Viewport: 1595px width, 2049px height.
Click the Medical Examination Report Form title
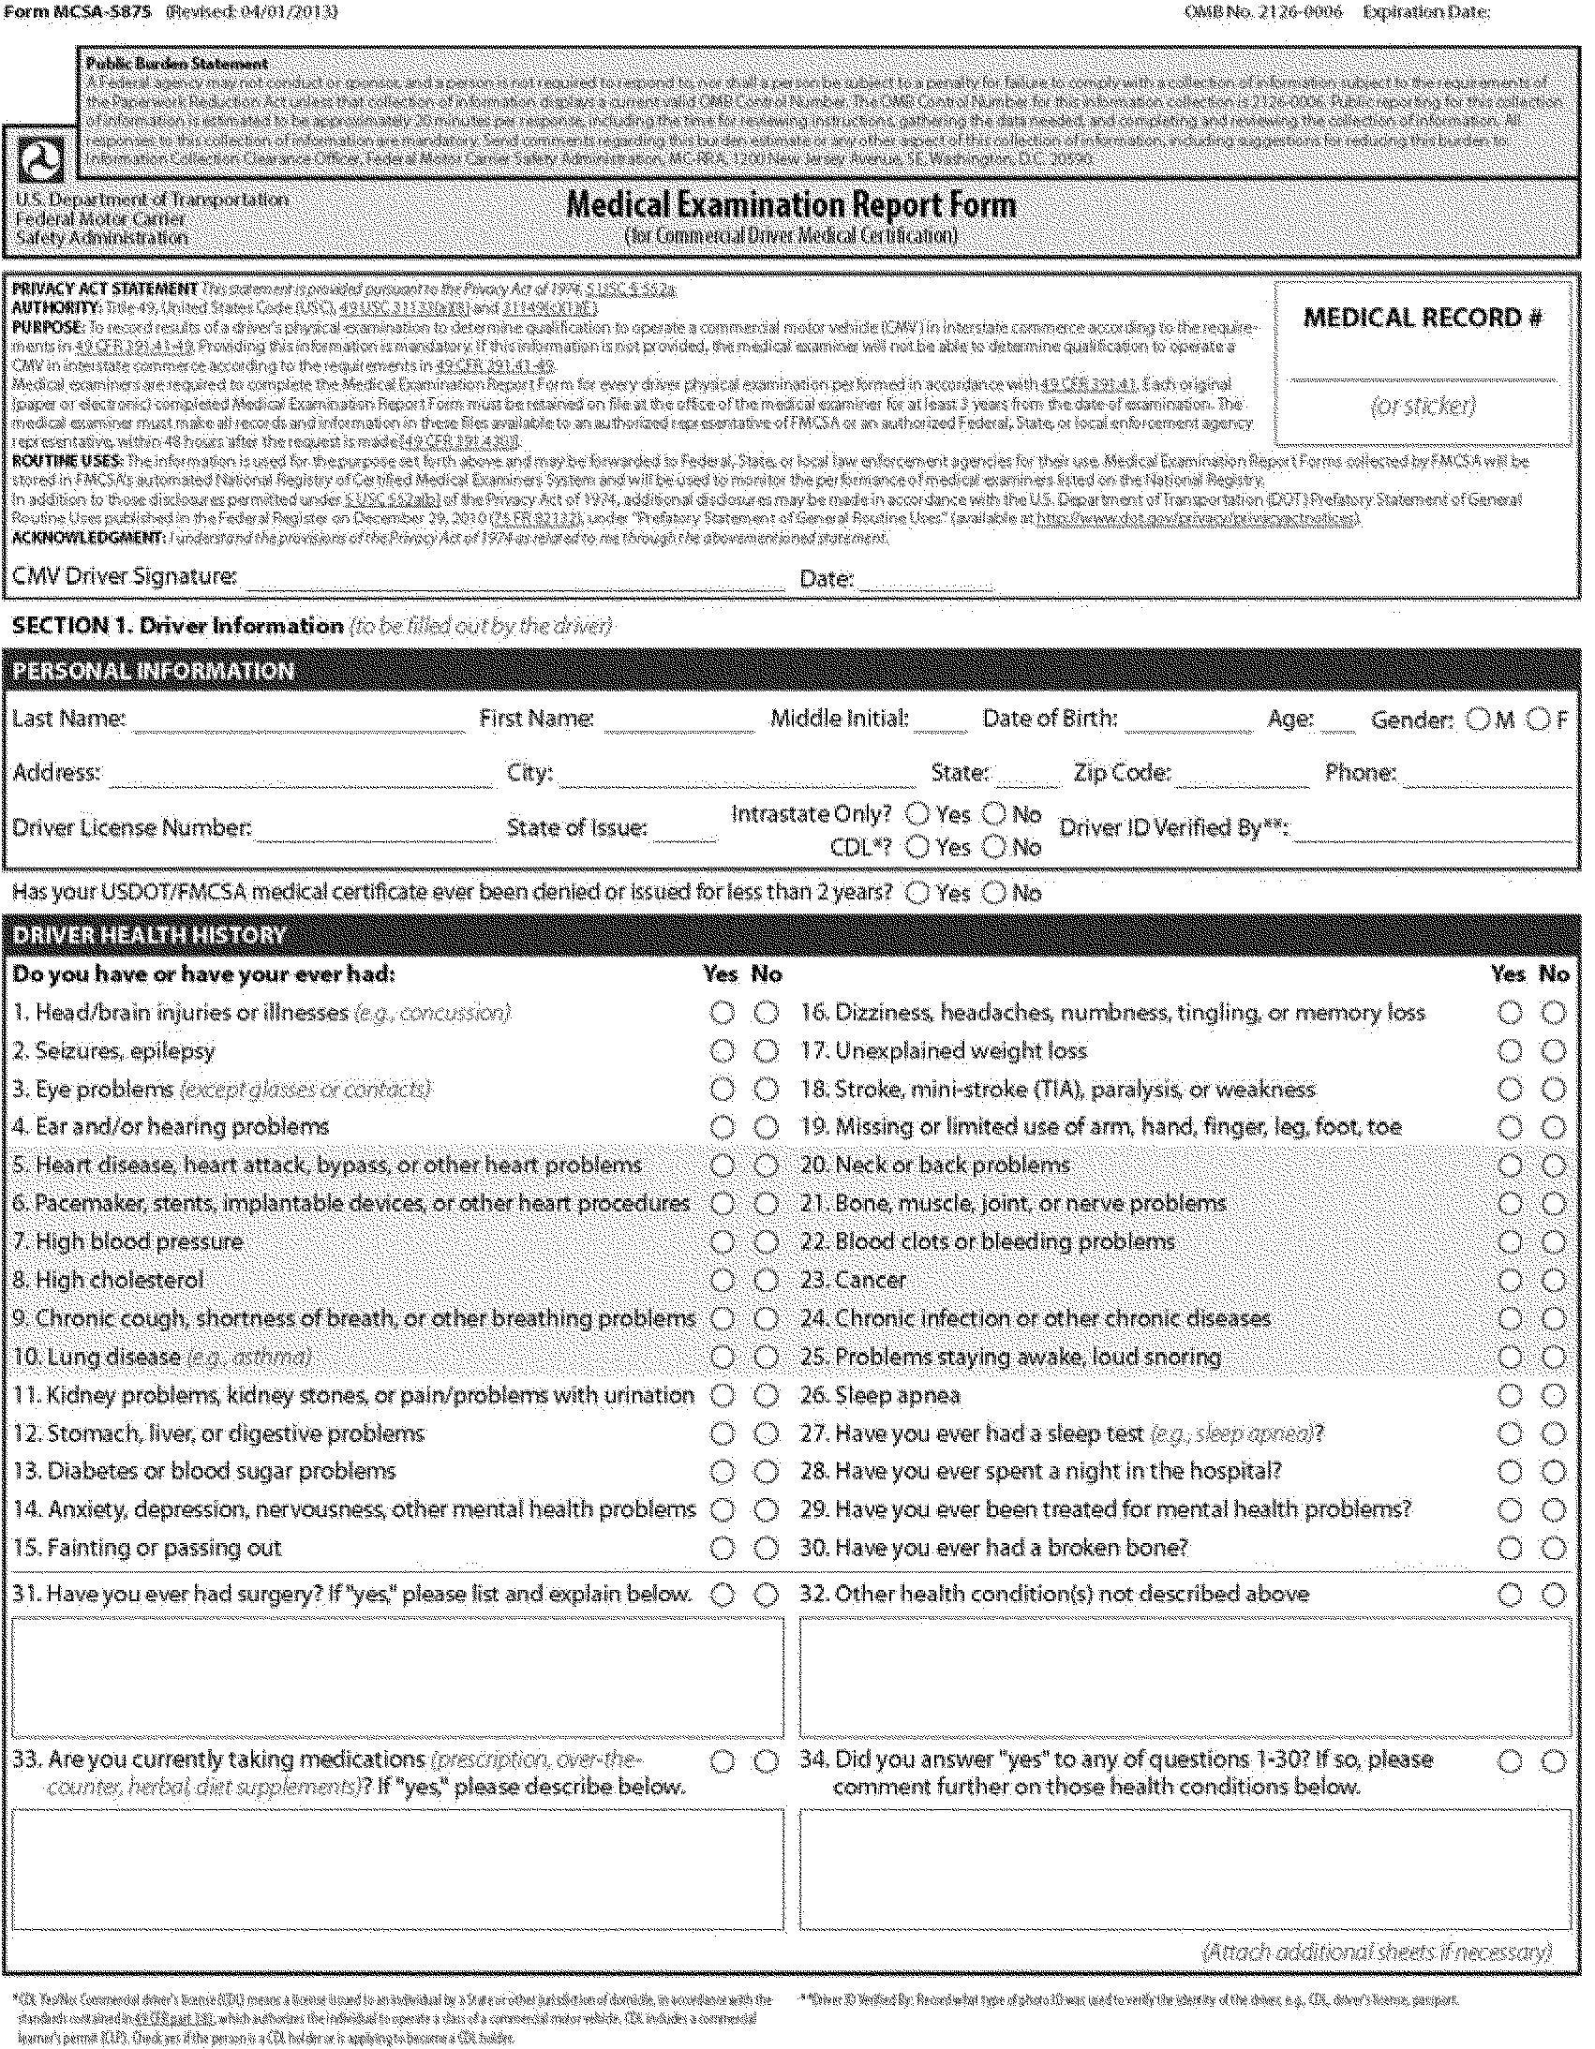tap(791, 204)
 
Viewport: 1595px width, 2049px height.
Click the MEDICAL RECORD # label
tap(1423, 318)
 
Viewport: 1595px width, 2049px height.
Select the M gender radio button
tap(1478, 720)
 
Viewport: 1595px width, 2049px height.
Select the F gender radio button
tap(1538, 720)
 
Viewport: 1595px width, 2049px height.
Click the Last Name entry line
tap(298, 722)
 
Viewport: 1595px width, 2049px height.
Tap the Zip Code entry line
tap(1242, 777)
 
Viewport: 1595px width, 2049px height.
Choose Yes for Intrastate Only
tap(917, 813)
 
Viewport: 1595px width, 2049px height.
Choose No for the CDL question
tap(993, 846)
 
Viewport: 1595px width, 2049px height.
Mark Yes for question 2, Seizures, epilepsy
tap(722, 1051)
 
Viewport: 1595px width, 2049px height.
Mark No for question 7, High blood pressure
tap(767, 1242)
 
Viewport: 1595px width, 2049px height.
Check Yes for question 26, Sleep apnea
tap(1509, 1395)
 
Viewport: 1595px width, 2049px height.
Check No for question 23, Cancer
tap(1554, 1281)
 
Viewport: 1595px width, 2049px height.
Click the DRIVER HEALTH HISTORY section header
tap(148, 934)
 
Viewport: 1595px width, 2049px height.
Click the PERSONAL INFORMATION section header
tap(153, 671)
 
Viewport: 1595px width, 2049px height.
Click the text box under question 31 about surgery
tap(397, 1676)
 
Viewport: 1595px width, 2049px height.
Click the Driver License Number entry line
tap(374, 831)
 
